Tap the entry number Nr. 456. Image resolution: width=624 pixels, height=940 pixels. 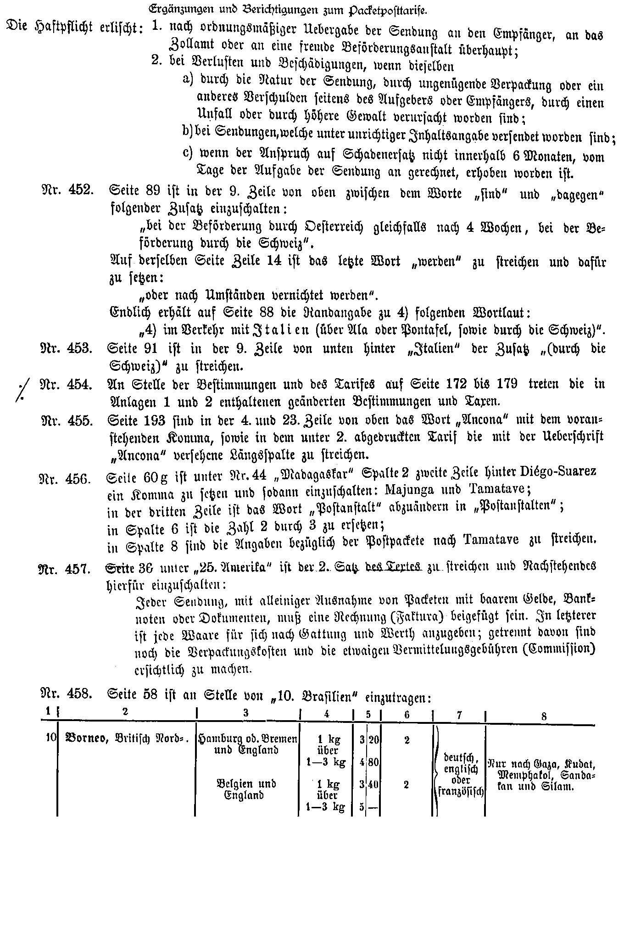tap(66, 479)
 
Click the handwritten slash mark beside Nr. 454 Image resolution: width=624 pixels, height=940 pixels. tap(19, 390)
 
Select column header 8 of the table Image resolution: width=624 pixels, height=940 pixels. tap(544, 717)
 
